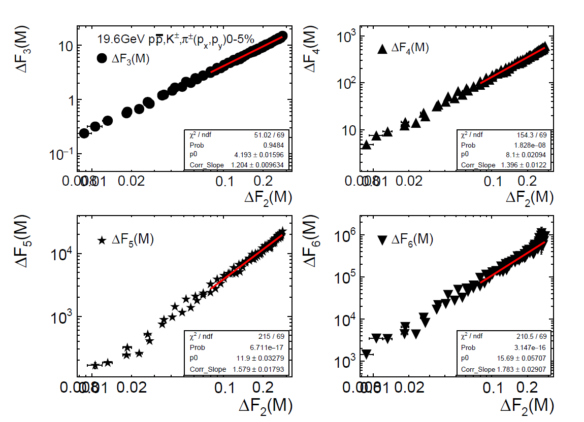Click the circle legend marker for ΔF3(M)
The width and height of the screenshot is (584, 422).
pos(102,58)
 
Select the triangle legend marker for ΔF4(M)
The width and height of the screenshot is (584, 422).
pos(383,49)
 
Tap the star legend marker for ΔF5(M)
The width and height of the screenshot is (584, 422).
pos(102,240)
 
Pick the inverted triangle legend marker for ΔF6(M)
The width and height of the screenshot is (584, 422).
pos(383,240)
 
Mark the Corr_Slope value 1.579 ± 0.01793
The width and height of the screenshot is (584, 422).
pos(262,369)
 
